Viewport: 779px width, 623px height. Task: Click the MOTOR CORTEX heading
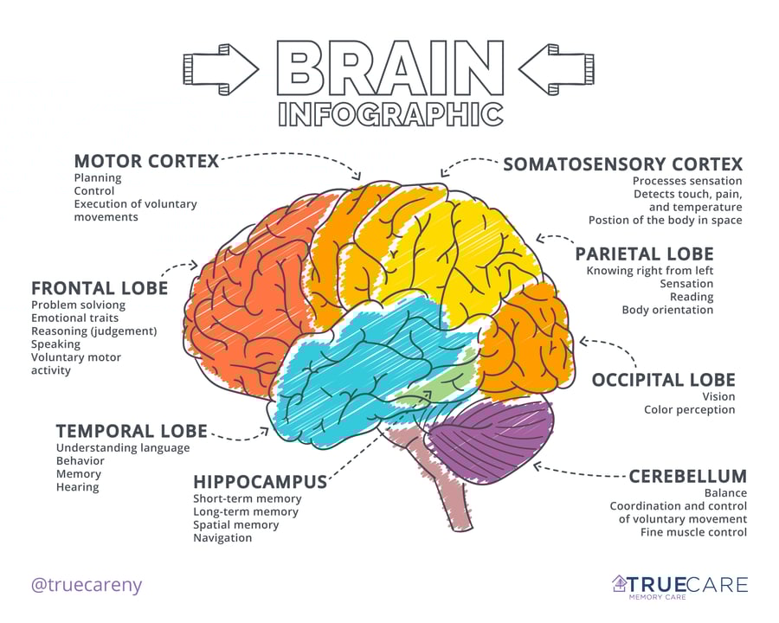(145, 161)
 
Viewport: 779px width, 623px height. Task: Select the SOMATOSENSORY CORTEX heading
(622, 164)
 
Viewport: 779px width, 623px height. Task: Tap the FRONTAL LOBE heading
(100, 288)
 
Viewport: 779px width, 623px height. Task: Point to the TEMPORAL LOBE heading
(132, 431)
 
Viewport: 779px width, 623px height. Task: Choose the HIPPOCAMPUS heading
(260, 481)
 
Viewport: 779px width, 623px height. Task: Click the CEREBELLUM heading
(687, 476)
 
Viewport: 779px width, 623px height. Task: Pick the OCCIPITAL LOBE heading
(663, 380)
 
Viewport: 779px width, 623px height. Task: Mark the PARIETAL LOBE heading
(644, 254)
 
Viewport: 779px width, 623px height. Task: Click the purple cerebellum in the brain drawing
(493, 437)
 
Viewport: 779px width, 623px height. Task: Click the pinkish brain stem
(454, 493)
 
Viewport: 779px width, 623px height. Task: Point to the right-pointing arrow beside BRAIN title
(221, 67)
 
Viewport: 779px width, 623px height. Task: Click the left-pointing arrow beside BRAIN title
(558, 67)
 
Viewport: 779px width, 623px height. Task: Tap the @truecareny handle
(86, 585)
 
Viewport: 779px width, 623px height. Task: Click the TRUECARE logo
(679, 586)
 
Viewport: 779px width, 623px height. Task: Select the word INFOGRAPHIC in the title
(390, 113)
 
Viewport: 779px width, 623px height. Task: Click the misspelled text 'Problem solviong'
(78, 305)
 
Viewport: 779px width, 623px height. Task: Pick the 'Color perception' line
(689, 409)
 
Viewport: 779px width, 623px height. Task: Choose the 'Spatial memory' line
(235, 524)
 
